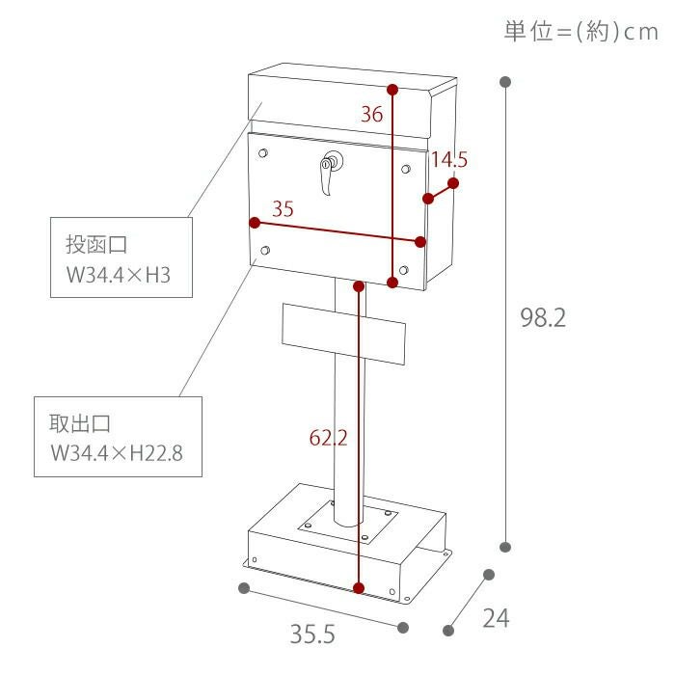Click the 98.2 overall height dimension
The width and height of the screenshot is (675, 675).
pyautogui.click(x=543, y=317)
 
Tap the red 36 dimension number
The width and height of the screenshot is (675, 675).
pyautogui.click(x=371, y=114)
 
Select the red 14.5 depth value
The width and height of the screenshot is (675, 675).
pyautogui.click(x=449, y=160)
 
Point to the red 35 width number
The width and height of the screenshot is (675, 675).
pyautogui.click(x=283, y=209)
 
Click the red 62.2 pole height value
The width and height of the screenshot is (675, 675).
pyautogui.click(x=328, y=438)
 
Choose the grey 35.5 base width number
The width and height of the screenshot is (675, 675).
pyautogui.click(x=312, y=634)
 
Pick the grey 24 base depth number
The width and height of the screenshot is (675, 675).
pyautogui.click(x=496, y=619)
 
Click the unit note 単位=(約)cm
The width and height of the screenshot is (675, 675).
pyautogui.click(x=581, y=32)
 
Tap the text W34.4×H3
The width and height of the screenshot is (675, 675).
pyautogui.click(x=119, y=275)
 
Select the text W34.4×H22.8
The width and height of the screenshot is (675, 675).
pyautogui.click(x=117, y=453)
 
